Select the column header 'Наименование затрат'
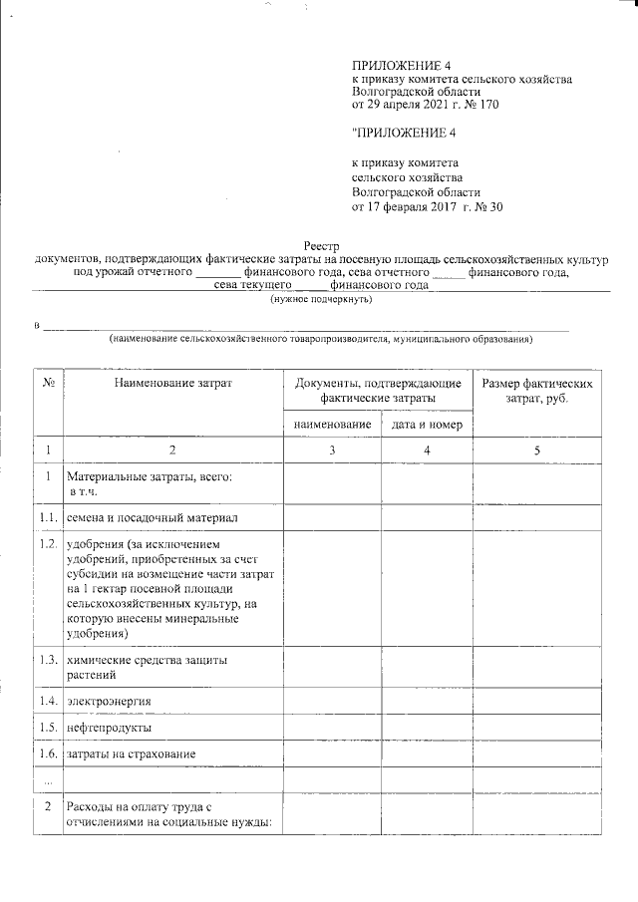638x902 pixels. (x=172, y=383)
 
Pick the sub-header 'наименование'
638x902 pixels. (x=332, y=425)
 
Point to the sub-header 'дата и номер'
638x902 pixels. (x=426, y=425)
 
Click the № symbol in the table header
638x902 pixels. (x=48, y=383)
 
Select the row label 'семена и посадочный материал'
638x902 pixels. (x=152, y=518)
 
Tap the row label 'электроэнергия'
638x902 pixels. (x=109, y=701)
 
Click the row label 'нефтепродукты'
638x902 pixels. (x=109, y=727)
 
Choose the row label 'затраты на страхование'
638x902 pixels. (x=131, y=752)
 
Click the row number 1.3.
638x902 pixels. (x=48, y=660)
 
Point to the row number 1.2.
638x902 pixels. (x=48, y=544)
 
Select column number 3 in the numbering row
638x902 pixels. (x=332, y=451)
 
